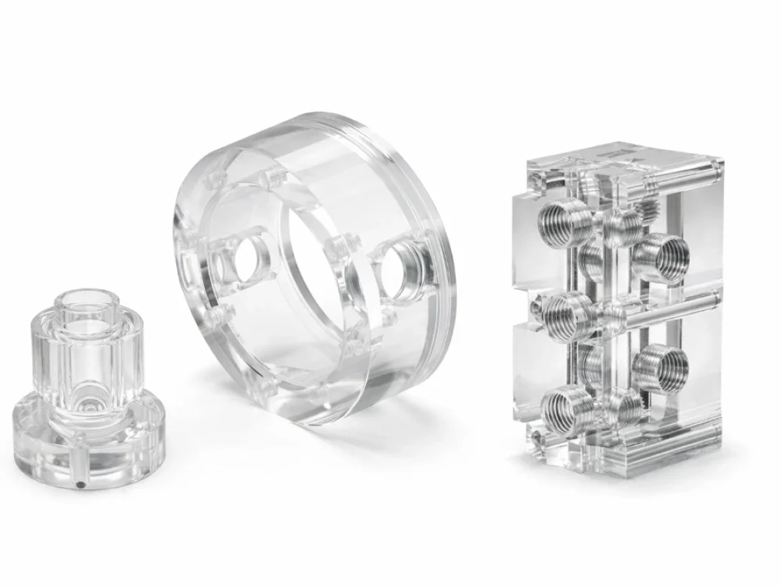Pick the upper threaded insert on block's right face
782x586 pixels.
[x=661, y=256]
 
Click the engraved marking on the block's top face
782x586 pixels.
[x=618, y=156]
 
